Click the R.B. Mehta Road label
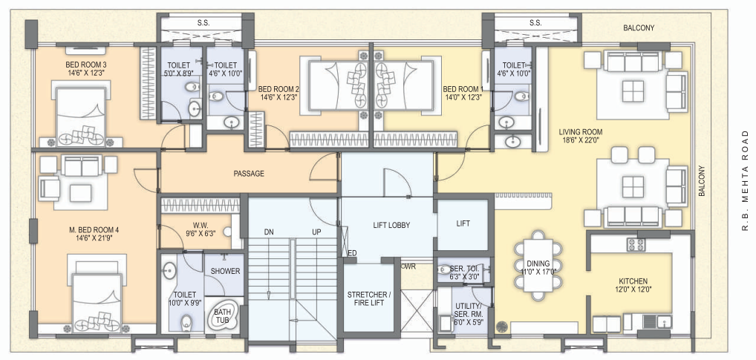[746, 180]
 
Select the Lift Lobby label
[391, 225]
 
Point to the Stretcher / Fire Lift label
[368, 299]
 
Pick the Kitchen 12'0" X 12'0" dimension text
[633, 289]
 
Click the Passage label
[249, 174]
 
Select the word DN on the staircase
[269, 232]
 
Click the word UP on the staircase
[316, 232]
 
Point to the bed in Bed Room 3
[80, 114]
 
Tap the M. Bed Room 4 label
[94, 229]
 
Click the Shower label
[225, 271]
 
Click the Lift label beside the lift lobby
[463, 223]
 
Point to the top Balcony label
[639, 28]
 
